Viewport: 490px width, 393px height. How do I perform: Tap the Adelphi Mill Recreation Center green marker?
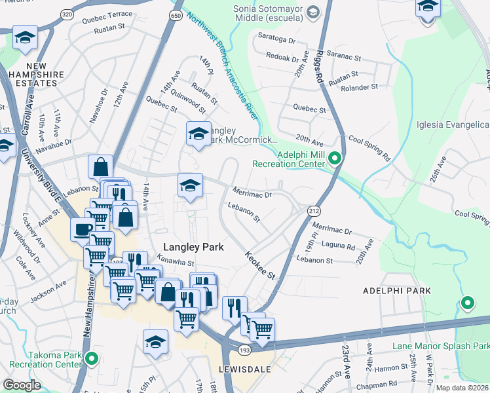coord(335,159)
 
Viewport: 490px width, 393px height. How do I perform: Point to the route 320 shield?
coord(67,14)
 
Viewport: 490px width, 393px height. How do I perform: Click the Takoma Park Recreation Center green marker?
coord(92,359)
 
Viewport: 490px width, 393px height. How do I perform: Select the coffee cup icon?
coord(83,229)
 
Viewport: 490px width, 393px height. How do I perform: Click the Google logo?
coord(22,385)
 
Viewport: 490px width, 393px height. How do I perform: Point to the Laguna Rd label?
coord(339,246)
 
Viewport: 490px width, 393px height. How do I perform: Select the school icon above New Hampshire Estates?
coord(25,37)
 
